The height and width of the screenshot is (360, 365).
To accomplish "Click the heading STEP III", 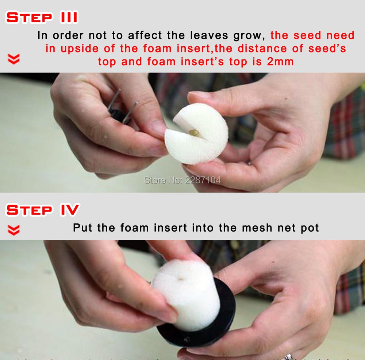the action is pos(42,17).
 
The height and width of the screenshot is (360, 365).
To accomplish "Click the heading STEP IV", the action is pos(43,209).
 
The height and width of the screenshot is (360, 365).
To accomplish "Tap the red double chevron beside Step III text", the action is pos(14,59).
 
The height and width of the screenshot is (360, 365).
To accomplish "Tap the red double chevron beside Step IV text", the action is pos(14,230).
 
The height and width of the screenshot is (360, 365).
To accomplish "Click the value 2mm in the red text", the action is pos(280,62).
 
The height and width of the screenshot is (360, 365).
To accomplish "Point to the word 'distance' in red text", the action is pos(262,49).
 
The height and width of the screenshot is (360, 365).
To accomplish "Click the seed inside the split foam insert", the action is pos(193,133).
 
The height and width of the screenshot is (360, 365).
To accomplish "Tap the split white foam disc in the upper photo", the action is pos(196,134).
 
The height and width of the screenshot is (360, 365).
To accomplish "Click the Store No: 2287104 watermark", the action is pos(182,180).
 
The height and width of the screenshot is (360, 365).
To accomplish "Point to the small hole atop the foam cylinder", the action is pos(181,278).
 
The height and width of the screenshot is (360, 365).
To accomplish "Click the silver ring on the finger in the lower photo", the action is pos(288,357).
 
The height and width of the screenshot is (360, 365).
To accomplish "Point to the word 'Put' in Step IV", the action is pos(82,228).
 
